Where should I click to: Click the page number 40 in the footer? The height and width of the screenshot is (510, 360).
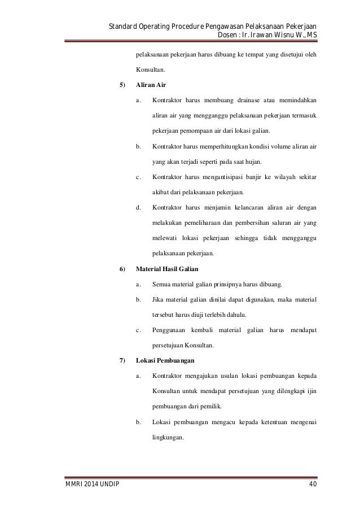(x=311, y=485)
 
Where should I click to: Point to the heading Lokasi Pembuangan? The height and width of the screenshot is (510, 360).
(x=168, y=360)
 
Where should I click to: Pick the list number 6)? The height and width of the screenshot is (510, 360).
(x=123, y=268)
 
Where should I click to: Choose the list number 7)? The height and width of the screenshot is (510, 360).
(x=123, y=360)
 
